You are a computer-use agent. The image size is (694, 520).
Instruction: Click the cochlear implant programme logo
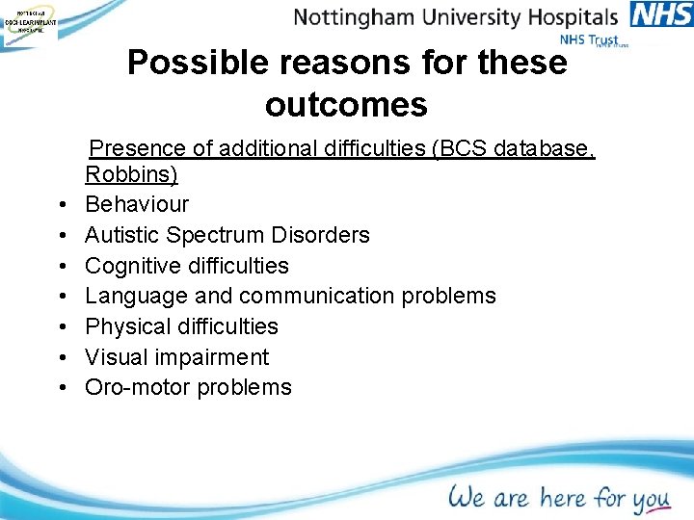click(x=29, y=21)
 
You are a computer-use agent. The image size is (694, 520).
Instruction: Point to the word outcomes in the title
click(x=346, y=105)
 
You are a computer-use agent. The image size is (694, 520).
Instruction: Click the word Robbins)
click(x=131, y=174)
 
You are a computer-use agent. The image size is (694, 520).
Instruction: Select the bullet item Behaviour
click(x=137, y=204)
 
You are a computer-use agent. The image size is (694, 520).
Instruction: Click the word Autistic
click(x=122, y=235)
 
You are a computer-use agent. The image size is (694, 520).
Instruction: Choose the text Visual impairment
click(x=176, y=357)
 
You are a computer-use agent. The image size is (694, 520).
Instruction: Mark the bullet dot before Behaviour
click(x=60, y=205)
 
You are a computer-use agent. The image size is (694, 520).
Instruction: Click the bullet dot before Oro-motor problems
click(x=60, y=388)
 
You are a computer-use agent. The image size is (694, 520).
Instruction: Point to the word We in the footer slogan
click(x=467, y=497)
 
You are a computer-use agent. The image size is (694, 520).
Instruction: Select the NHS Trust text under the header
click(x=590, y=40)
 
